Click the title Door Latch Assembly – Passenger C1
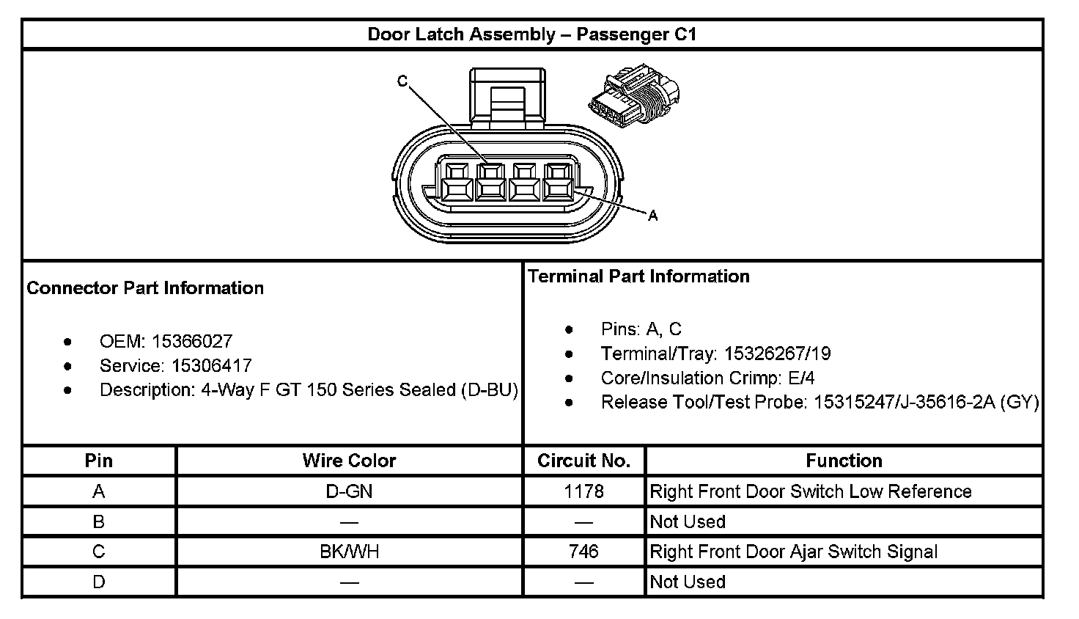pos(531,34)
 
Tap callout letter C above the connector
pos(402,81)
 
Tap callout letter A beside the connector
pos(653,216)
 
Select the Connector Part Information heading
pos(145,287)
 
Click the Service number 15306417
pos(211,365)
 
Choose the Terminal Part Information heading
pos(638,276)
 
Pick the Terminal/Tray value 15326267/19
pos(777,354)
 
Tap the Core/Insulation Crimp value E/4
pos(800,378)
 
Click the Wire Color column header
pos(349,461)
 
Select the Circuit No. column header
pos(583,461)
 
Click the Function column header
pos(844,461)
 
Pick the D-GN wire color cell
pos(349,491)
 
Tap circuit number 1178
pos(583,491)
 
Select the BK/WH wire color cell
pos(349,552)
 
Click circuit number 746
pos(583,552)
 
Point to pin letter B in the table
pos(99,521)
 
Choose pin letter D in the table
pos(99,582)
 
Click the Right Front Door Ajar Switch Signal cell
pos(793,552)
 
